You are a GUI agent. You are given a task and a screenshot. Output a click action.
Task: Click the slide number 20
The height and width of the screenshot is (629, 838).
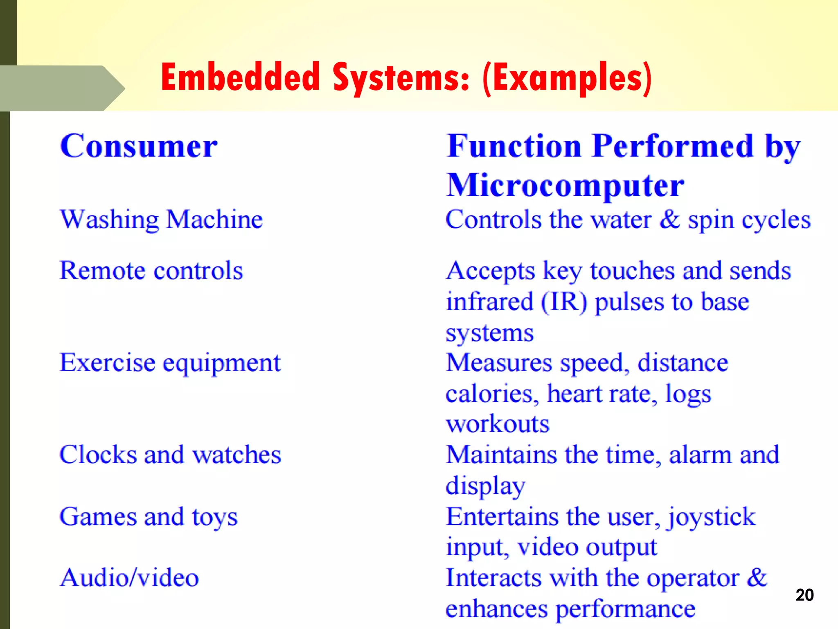tap(804, 595)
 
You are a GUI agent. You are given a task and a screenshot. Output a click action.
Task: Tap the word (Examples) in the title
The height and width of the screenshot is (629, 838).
tap(567, 78)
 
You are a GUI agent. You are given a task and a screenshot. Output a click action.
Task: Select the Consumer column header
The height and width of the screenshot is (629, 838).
tap(139, 146)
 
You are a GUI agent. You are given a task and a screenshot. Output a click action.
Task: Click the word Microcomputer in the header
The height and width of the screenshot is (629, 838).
tap(565, 186)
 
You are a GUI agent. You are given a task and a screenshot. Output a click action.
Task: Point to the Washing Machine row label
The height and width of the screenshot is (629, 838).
tap(161, 219)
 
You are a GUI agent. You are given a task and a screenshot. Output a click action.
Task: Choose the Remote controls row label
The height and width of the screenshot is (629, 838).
tap(151, 271)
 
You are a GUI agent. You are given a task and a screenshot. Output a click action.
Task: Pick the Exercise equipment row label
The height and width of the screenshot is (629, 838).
tap(170, 363)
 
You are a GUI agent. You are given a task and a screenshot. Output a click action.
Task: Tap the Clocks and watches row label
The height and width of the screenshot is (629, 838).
tap(170, 455)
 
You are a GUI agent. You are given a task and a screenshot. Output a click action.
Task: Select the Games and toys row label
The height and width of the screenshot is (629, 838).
tap(149, 517)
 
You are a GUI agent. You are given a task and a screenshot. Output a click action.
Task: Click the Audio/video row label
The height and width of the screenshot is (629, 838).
tap(129, 578)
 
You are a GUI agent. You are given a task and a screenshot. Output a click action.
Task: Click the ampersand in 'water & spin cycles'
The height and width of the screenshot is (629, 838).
tap(669, 219)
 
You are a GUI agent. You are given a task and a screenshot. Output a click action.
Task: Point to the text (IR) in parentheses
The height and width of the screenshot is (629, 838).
tap(564, 302)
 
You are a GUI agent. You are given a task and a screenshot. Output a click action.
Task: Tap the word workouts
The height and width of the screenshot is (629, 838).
tap(498, 424)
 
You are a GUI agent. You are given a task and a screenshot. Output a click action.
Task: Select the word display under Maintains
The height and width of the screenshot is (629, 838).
tap(485, 486)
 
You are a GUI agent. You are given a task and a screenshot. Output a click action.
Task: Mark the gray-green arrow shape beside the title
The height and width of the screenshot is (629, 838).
tap(61, 88)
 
